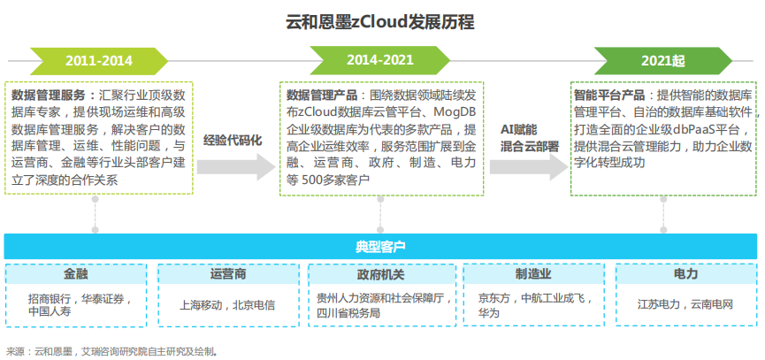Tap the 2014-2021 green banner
click(380, 61)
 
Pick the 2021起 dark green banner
click(663, 61)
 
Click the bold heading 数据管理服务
click(48, 95)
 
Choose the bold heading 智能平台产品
click(609, 95)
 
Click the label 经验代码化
click(233, 140)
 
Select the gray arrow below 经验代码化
click(236, 167)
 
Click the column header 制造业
click(533, 274)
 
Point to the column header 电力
click(685, 274)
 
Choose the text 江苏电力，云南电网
click(685, 305)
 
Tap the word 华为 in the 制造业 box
click(488, 312)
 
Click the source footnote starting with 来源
click(111, 350)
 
